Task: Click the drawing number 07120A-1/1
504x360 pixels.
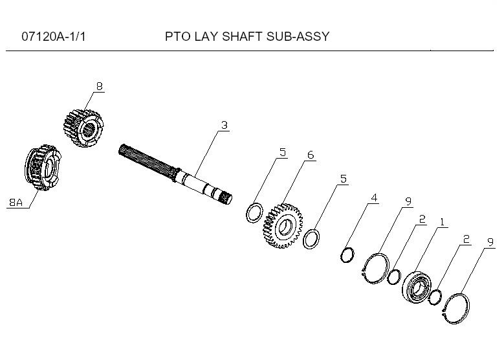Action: [x=54, y=37]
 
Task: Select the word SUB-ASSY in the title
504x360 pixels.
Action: [x=298, y=36]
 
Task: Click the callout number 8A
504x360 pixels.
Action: [x=16, y=203]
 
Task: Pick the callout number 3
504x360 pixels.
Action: [x=225, y=125]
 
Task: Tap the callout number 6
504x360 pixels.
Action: [x=310, y=155]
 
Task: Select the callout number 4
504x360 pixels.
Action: [x=374, y=197]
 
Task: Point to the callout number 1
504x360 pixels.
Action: [x=443, y=222]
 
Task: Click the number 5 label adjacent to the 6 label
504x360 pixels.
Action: [x=283, y=152]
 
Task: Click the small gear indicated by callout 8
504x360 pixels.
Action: [x=83, y=128]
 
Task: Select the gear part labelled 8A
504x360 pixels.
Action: [x=43, y=168]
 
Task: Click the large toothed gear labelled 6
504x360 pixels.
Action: [x=283, y=226]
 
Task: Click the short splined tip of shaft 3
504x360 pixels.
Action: [x=225, y=198]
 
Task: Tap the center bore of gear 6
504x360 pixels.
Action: [x=285, y=226]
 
